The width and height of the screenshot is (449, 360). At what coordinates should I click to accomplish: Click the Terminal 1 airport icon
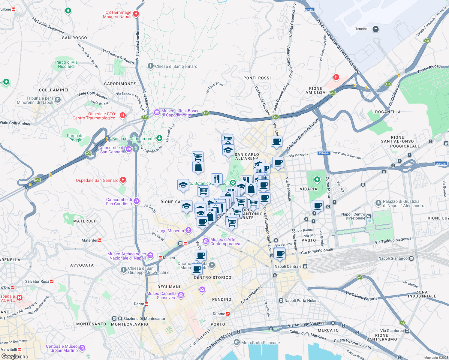[x=375, y=29]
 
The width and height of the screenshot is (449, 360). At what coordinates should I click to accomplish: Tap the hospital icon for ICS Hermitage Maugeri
[x=136, y=14]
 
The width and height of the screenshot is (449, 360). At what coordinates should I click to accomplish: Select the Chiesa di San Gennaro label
[x=176, y=66]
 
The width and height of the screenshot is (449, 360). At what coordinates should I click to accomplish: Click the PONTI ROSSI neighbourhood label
[x=257, y=78]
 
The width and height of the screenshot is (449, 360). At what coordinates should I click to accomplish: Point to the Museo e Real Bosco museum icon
[x=157, y=112]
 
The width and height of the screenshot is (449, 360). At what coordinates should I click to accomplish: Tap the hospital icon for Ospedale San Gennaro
[x=123, y=180]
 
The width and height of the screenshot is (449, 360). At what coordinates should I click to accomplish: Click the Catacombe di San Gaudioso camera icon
[x=137, y=201]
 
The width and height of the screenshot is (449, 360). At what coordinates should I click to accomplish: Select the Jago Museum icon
[x=188, y=230]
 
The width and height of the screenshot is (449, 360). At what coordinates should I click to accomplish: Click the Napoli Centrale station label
[x=288, y=266]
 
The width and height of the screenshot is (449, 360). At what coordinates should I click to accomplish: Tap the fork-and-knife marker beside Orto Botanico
[x=217, y=179]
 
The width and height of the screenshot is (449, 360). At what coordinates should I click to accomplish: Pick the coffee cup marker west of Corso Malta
[x=318, y=206]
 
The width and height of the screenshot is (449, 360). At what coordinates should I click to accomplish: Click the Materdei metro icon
[x=99, y=240]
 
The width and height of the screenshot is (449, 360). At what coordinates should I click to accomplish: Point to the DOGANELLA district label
[x=388, y=112]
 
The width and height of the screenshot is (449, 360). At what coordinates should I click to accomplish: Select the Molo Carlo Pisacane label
[x=260, y=343]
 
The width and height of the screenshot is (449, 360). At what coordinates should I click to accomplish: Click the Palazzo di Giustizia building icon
[x=378, y=203]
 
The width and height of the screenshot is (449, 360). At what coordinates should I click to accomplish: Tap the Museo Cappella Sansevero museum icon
[x=181, y=295]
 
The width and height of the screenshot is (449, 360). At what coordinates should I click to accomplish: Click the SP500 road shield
[x=309, y=10]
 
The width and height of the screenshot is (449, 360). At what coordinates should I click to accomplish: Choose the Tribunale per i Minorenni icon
[x=58, y=100]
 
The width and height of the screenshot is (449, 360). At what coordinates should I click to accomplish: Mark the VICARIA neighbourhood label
[x=308, y=189]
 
